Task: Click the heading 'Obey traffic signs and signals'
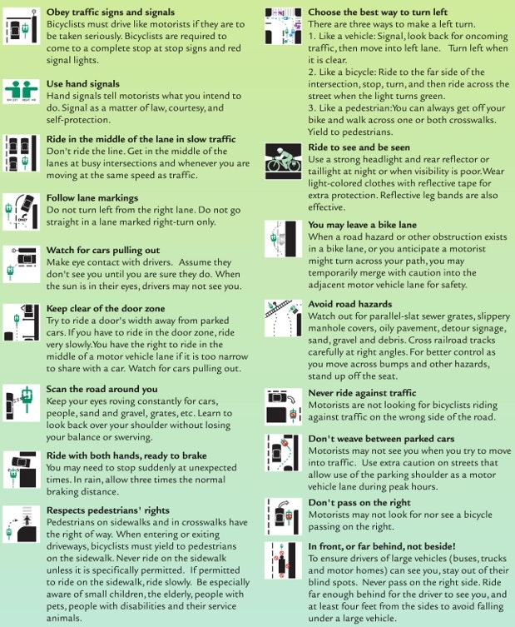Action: click(111, 12)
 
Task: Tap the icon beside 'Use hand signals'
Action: click(21, 91)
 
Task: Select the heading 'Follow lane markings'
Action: click(92, 198)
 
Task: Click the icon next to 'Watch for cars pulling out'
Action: click(21, 264)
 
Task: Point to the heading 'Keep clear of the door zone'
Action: click(106, 308)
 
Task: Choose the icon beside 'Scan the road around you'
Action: click(21, 403)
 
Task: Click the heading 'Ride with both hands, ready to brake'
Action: click(126, 455)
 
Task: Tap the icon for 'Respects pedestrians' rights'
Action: click(21, 524)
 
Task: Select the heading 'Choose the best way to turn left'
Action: click(378, 12)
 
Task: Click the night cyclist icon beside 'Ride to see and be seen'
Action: click(283, 162)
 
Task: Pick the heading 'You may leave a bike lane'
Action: click(363, 225)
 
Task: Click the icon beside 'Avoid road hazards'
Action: click(283, 318)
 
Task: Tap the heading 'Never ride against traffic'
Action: click(363, 393)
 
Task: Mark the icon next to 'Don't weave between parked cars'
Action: click(283, 453)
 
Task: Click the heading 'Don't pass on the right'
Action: click(359, 503)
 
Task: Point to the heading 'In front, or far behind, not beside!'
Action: click(382, 546)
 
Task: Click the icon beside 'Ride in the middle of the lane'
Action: click(21, 153)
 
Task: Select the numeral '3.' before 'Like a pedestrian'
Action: click(312, 108)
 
